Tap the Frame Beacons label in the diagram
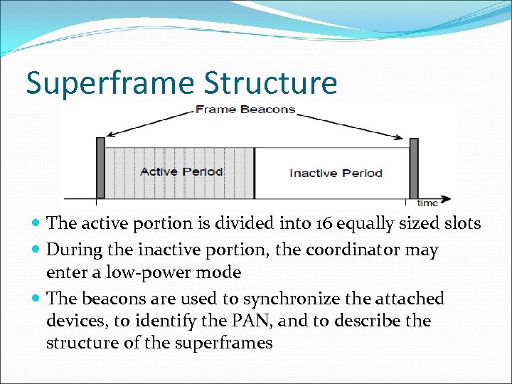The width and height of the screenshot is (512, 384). [245, 110]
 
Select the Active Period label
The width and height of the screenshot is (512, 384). [181, 171]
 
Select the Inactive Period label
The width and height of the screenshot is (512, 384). [336, 173]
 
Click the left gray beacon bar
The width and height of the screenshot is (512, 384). [100, 168]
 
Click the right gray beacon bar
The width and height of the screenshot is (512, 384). [413, 168]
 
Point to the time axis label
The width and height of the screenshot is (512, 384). [427, 203]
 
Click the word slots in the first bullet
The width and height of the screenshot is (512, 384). [462, 223]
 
